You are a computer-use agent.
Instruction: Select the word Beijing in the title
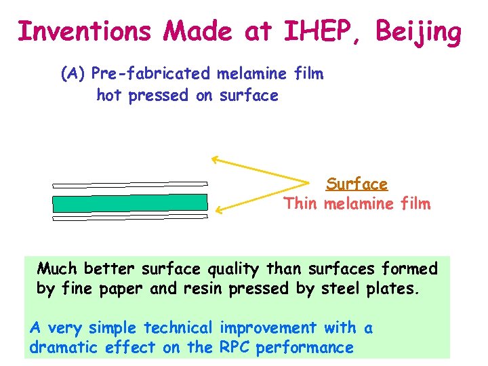click(420, 31)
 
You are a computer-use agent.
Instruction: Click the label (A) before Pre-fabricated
click(73, 74)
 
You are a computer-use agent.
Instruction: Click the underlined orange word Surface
click(357, 184)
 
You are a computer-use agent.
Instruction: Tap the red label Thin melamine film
click(357, 203)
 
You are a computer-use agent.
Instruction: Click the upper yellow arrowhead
click(214, 159)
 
